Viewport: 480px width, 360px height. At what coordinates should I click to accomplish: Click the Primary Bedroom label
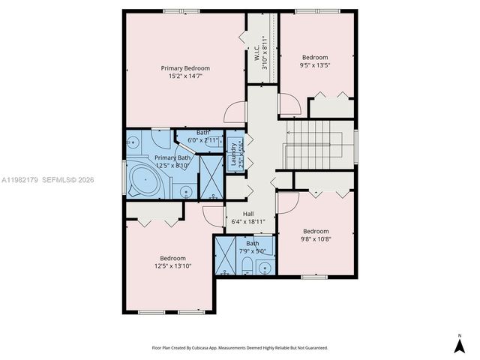[x=185, y=67]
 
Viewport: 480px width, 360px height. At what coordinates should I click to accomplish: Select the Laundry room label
[x=234, y=154]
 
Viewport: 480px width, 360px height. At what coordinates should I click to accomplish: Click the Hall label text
[x=248, y=214]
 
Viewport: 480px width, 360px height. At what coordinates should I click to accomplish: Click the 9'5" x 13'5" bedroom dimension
[x=316, y=65]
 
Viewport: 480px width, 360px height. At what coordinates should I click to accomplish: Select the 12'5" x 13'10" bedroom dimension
[x=173, y=265]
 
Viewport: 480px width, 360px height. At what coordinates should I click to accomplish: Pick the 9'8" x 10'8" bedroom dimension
[x=316, y=239]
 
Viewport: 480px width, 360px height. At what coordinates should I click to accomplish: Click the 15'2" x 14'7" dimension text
[x=185, y=76]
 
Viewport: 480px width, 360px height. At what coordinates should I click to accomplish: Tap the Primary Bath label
[x=173, y=157]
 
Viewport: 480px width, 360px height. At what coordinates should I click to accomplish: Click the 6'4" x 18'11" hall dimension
[x=248, y=222]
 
